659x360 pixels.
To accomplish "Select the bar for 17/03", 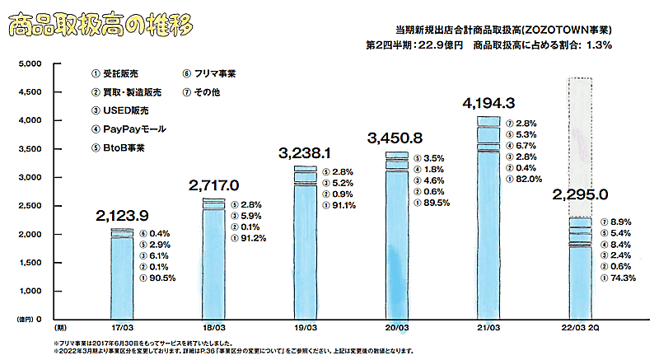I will click(x=122, y=272).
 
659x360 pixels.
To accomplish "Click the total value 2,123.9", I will click(x=122, y=217).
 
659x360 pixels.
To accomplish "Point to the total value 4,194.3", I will click(x=489, y=104).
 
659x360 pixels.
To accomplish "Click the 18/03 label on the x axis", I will click(x=214, y=325).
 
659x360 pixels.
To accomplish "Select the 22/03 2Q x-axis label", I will click(x=582, y=325).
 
